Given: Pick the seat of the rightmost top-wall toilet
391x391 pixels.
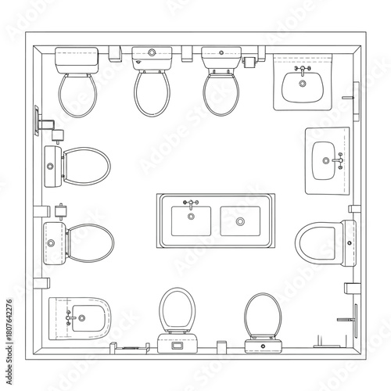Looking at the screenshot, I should [x=220, y=91].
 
